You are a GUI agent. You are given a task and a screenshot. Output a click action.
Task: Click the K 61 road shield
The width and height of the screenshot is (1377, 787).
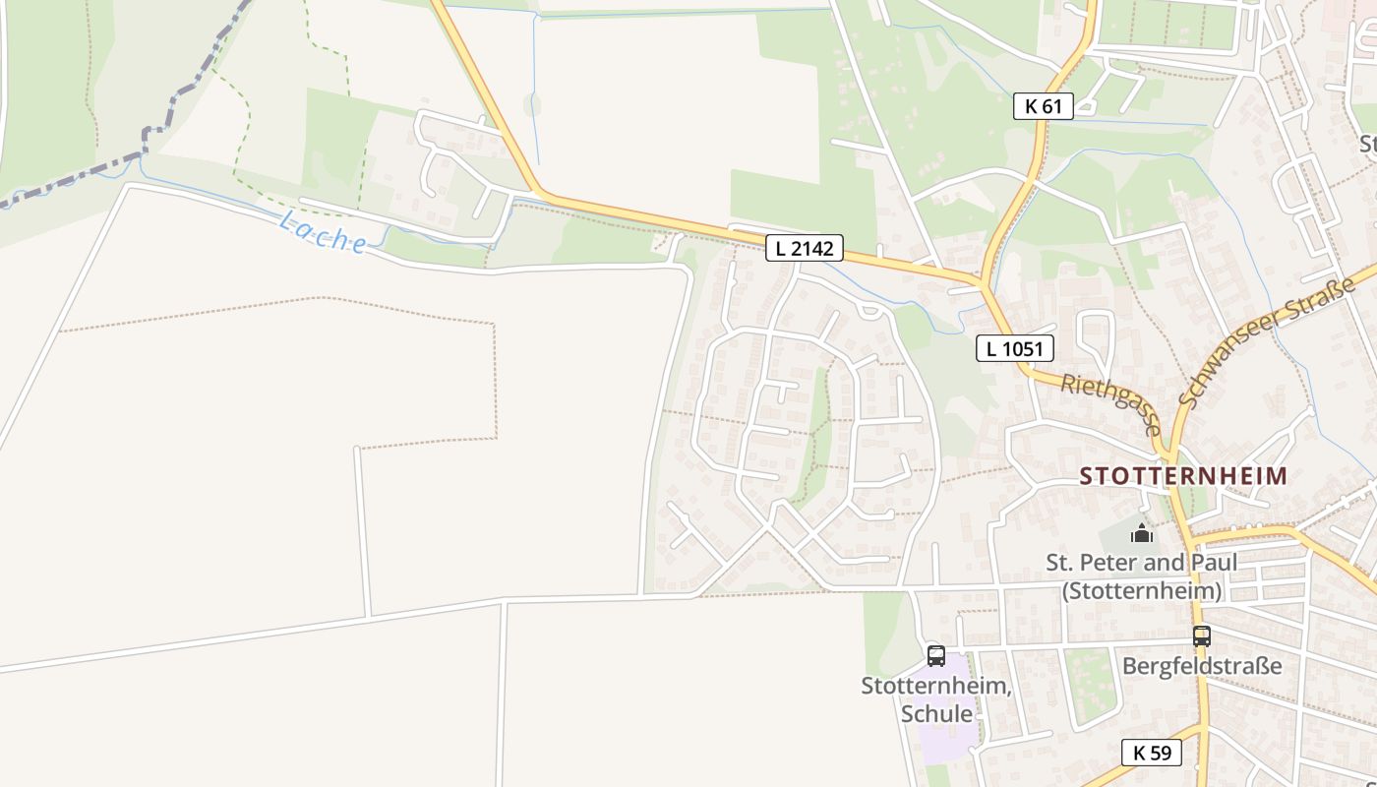coord(1043,106)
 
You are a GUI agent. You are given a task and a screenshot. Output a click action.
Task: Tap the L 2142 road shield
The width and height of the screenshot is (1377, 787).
coord(804,249)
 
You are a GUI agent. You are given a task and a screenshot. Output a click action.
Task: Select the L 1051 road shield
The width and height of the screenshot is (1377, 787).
coord(1015,348)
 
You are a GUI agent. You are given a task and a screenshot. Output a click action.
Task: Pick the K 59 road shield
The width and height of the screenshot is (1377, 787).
coord(1152,753)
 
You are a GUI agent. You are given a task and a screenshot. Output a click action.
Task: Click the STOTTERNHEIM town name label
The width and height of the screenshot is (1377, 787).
coord(1183,476)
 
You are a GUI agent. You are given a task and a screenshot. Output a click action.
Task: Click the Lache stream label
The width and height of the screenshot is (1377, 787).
coord(323,233)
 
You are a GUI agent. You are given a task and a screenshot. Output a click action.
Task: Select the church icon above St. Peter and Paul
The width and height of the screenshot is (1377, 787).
coord(1142,534)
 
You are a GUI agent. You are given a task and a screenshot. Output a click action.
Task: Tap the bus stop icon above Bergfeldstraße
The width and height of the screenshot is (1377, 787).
coord(1202,636)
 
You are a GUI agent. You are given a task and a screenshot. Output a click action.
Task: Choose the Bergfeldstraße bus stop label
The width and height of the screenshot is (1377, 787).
coord(1202,666)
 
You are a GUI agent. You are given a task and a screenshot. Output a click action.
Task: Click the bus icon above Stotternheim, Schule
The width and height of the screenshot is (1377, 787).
coord(936,655)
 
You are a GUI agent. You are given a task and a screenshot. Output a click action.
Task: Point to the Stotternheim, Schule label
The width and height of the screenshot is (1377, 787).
coord(936,699)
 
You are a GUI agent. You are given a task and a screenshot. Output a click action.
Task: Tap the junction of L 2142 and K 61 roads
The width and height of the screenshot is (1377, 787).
coord(983,284)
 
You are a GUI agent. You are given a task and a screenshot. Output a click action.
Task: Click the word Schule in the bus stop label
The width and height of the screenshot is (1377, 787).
coord(936,714)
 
